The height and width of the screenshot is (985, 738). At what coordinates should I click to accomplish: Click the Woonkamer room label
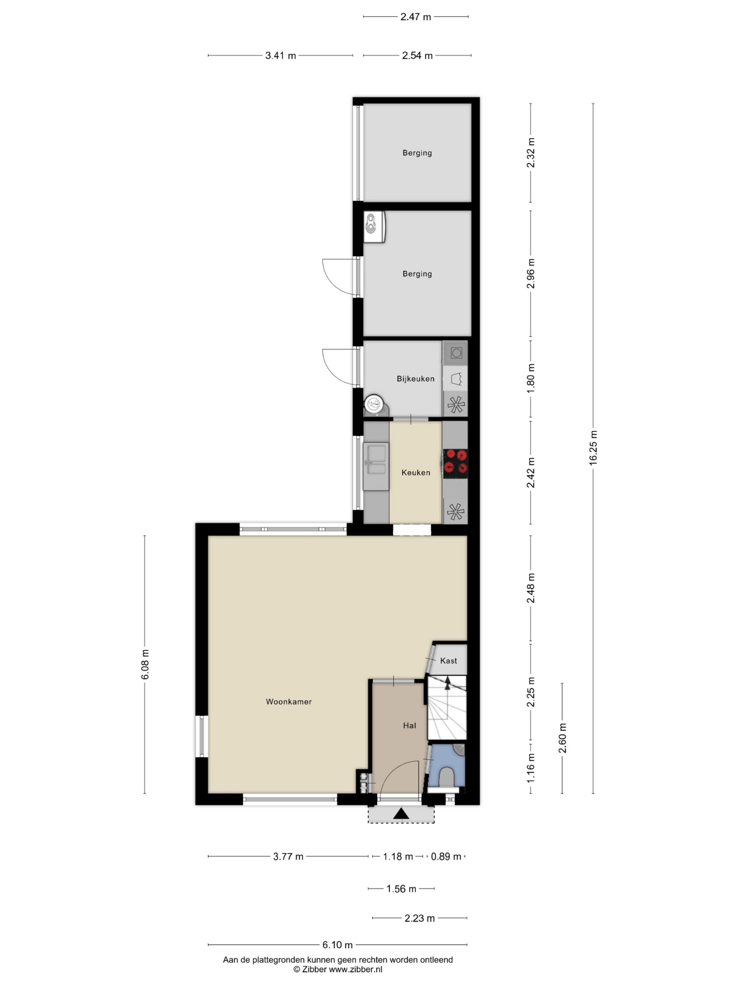pos(289,702)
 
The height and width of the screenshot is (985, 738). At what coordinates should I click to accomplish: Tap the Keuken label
pos(416,473)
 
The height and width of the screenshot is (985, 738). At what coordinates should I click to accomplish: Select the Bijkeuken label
pos(416,379)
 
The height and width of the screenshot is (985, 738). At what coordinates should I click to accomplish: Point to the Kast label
pos(449,661)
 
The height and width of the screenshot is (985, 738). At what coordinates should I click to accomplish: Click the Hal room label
pos(410,726)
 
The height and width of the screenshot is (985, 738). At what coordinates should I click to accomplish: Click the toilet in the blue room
pos(446,776)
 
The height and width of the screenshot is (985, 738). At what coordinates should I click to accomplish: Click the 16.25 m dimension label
pos(593,448)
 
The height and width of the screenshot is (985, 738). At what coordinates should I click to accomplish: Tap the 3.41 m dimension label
pos(281,56)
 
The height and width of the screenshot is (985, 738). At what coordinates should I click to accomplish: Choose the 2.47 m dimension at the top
pos(416,17)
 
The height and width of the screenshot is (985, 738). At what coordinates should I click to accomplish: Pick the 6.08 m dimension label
pos(145,664)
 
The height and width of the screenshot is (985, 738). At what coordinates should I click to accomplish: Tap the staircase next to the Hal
pos(447,708)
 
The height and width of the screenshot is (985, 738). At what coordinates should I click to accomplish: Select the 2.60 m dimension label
pos(562,738)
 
